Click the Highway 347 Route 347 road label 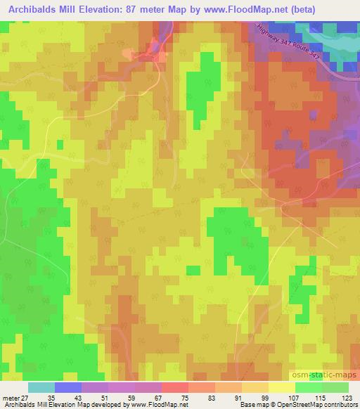click(x=289, y=52)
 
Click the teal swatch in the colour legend click(x=41, y=387)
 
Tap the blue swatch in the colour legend click(x=68, y=387)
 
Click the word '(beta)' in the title click(x=297, y=10)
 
